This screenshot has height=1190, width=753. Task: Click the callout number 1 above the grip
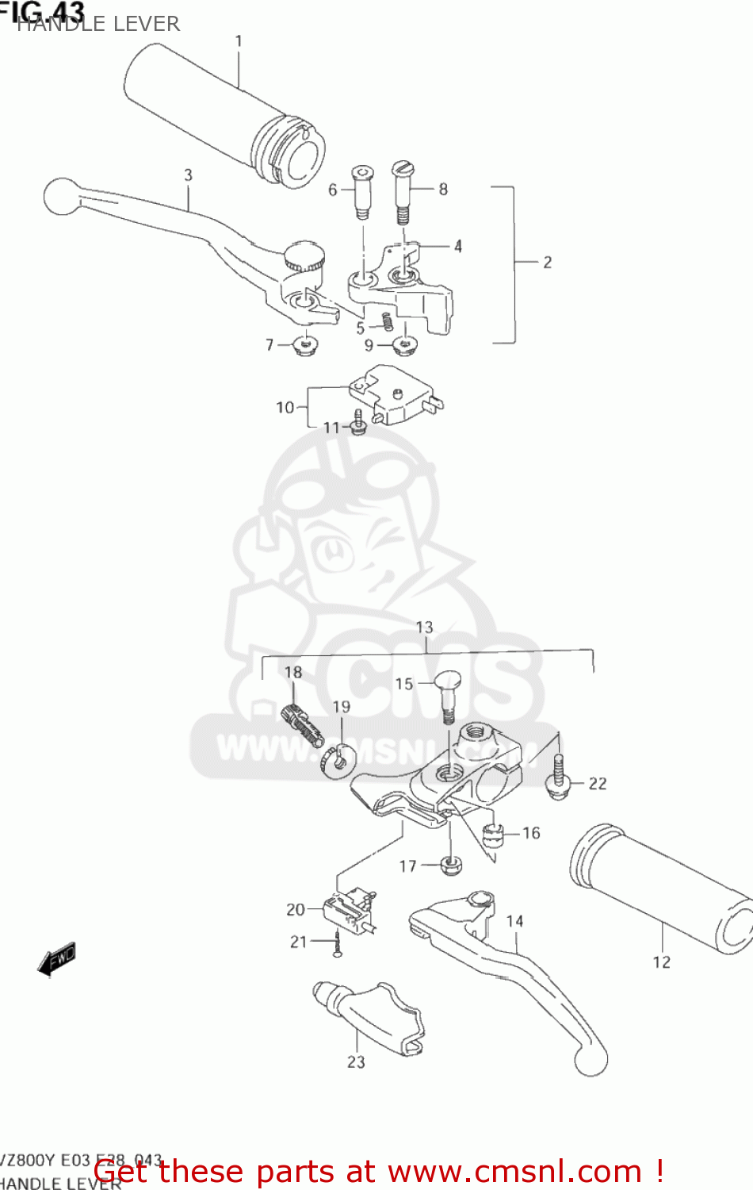click(x=239, y=40)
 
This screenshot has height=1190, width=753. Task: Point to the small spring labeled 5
click(x=387, y=321)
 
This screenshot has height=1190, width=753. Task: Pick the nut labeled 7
click(x=304, y=345)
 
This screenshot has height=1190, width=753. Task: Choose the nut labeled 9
click(x=404, y=346)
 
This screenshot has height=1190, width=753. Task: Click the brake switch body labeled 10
click(x=395, y=395)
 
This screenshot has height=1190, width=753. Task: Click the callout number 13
click(x=424, y=628)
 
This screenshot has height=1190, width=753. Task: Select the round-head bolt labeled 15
click(x=448, y=693)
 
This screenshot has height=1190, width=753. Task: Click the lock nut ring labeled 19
click(x=338, y=760)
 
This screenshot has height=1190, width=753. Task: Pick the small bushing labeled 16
click(x=493, y=835)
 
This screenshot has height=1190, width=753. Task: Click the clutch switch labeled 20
click(x=348, y=908)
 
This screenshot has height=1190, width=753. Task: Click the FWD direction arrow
click(x=57, y=959)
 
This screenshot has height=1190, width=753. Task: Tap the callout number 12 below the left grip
click(x=661, y=962)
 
